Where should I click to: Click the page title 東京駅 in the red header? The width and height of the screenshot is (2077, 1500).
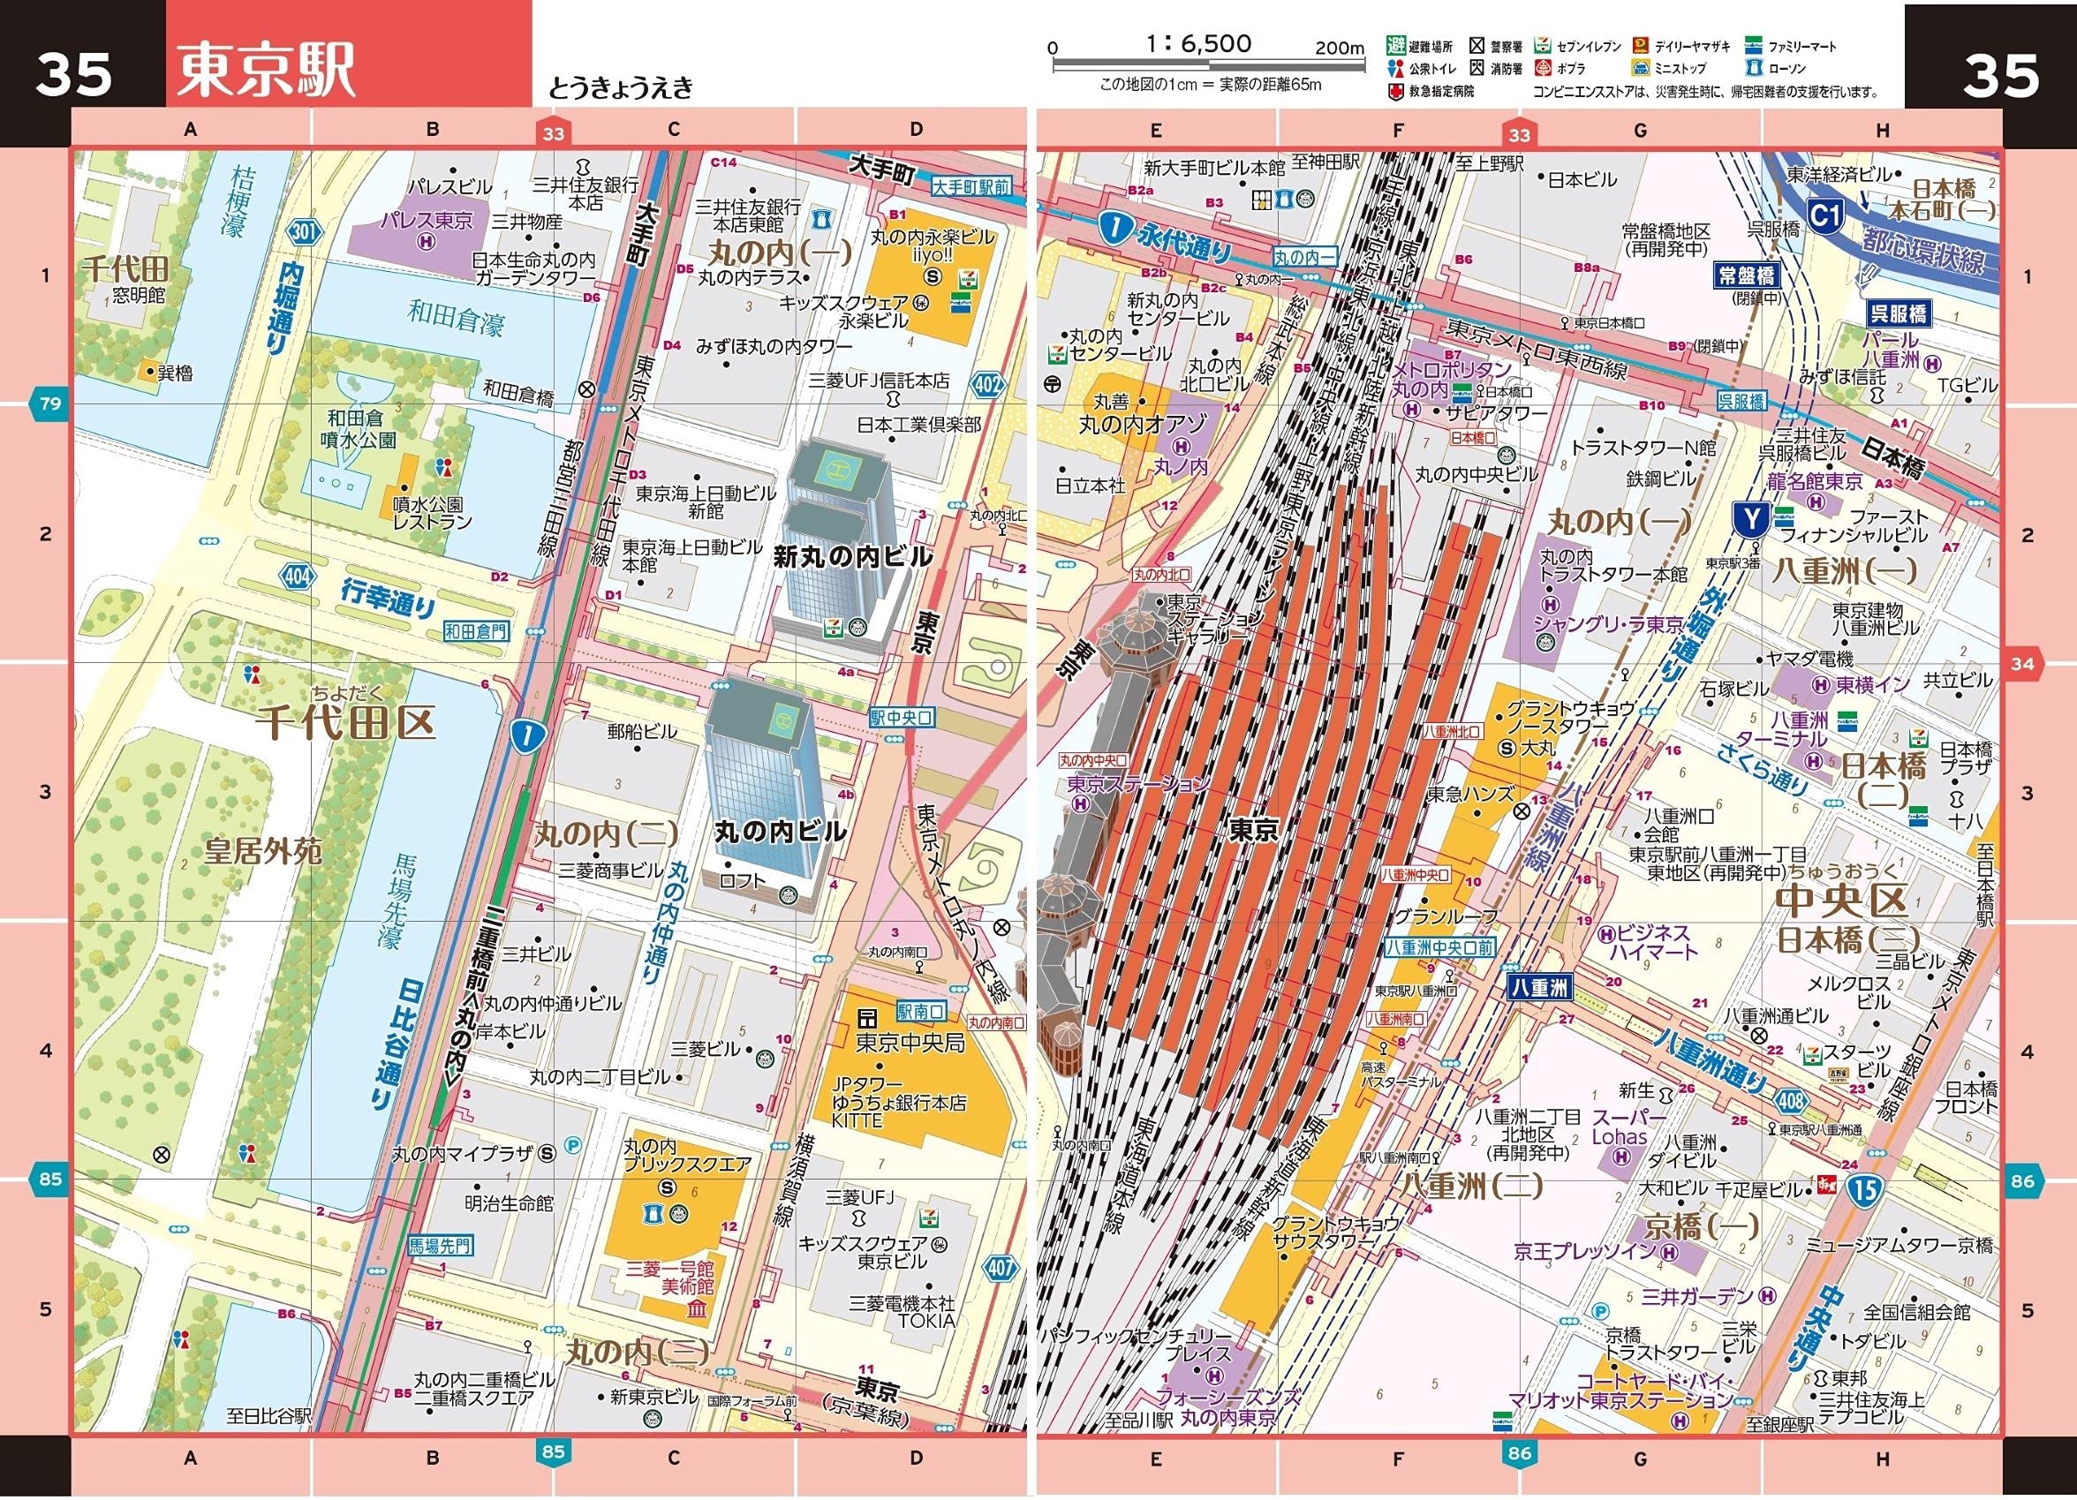point(266,71)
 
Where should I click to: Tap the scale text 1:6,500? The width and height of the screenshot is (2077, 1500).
point(1197,43)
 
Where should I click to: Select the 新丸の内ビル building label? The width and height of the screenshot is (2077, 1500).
point(851,557)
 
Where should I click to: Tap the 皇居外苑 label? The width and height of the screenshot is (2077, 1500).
point(263,853)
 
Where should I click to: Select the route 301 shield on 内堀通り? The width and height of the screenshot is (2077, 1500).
point(305,231)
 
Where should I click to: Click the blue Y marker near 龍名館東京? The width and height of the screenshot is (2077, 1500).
point(1751,519)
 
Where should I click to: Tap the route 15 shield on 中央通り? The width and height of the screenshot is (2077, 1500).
point(1864,1189)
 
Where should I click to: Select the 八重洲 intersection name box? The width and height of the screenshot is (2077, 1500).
point(1538,987)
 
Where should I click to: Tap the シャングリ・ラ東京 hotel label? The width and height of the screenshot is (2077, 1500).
point(1608,624)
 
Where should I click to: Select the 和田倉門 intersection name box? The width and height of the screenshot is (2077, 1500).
point(476,631)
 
